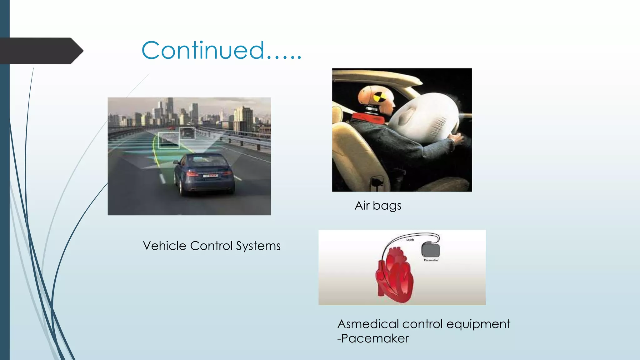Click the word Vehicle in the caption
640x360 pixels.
164,246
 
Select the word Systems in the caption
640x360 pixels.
258,246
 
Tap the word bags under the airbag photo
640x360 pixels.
387,206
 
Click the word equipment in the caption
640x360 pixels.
478,324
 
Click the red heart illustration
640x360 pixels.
395,275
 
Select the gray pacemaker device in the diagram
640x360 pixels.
431,250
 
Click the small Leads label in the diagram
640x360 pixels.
410,240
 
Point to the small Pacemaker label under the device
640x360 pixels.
431,260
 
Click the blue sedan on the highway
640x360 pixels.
204,174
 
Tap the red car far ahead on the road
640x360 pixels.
171,128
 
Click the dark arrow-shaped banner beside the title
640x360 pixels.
41,51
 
